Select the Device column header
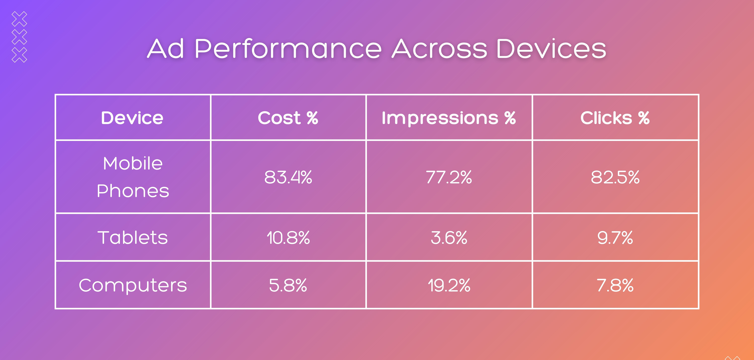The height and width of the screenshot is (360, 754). (x=132, y=118)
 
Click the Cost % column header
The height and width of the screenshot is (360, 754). (x=288, y=118)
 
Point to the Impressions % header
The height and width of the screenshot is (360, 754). (x=449, y=118)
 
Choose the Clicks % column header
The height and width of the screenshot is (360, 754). (x=615, y=118)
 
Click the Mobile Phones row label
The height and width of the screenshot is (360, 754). (x=133, y=177)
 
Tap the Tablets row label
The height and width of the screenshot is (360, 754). (x=133, y=237)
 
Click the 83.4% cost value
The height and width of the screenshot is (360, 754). (x=288, y=177)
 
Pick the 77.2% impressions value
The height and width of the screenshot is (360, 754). (x=449, y=177)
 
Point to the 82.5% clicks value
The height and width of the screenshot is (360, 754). (x=615, y=177)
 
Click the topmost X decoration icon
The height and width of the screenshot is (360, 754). (x=19, y=19)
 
